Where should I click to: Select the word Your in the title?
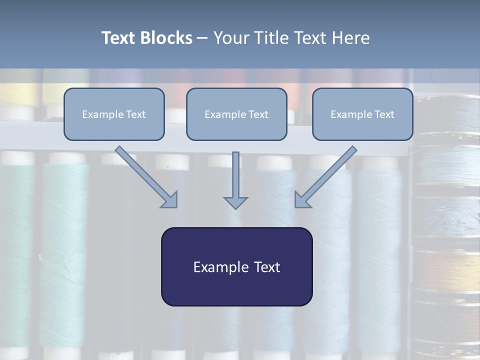click(x=230, y=38)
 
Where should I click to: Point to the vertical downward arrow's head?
click(x=235, y=202)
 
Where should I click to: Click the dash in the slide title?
click(x=202, y=38)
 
